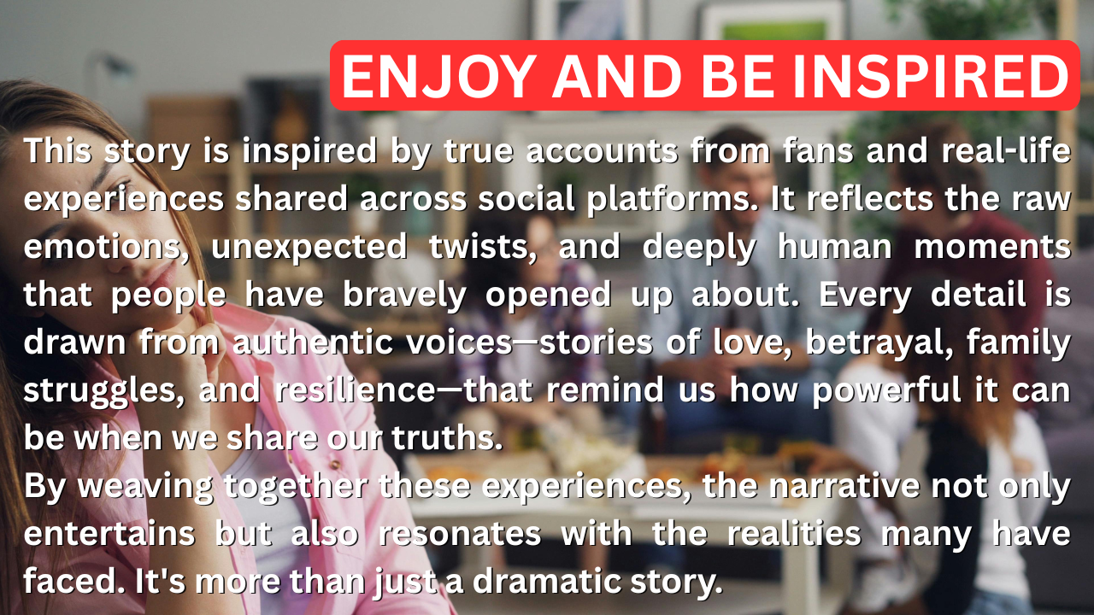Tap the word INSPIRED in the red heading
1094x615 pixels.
[x=930, y=76]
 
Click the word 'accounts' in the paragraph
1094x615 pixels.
[x=602, y=151]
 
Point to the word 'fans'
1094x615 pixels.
[x=818, y=151]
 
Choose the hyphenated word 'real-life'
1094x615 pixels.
[x=1006, y=150]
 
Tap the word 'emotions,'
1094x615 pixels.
[x=106, y=248]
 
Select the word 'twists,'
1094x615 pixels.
[x=483, y=247]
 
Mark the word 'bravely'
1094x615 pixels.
[x=404, y=296]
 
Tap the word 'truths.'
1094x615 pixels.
[x=447, y=438]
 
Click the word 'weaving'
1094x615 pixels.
[x=145, y=487]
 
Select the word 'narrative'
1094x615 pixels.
[x=844, y=486]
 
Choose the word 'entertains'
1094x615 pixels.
[x=109, y=534]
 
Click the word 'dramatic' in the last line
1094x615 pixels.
[x=546, y=582]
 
